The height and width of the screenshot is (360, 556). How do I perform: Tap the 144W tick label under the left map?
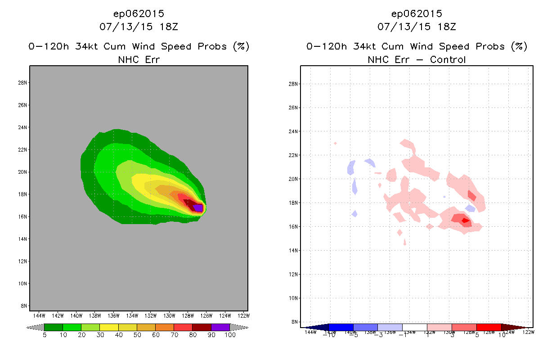(39, 315)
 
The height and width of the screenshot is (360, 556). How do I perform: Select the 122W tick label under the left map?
(243, 315)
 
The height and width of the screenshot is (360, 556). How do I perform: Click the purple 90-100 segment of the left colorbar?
(220, 327)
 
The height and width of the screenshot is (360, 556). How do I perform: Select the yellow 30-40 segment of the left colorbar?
(109, 327)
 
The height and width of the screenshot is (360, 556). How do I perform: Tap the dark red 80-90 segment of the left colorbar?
(202, 327)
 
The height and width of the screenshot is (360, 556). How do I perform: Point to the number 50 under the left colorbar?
(137, 335)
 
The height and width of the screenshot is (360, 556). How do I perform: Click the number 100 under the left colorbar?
(230, 335)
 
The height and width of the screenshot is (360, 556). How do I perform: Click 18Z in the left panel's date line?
(169, 27)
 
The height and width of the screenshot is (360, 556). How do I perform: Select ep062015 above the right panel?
(417, 13)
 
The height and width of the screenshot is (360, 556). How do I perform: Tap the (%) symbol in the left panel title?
(241, 46)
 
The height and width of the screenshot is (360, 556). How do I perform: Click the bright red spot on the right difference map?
(465, 220)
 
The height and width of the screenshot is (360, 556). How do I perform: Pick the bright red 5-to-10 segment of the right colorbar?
(489, 327)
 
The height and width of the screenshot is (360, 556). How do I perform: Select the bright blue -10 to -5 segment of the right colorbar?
(341, 327)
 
